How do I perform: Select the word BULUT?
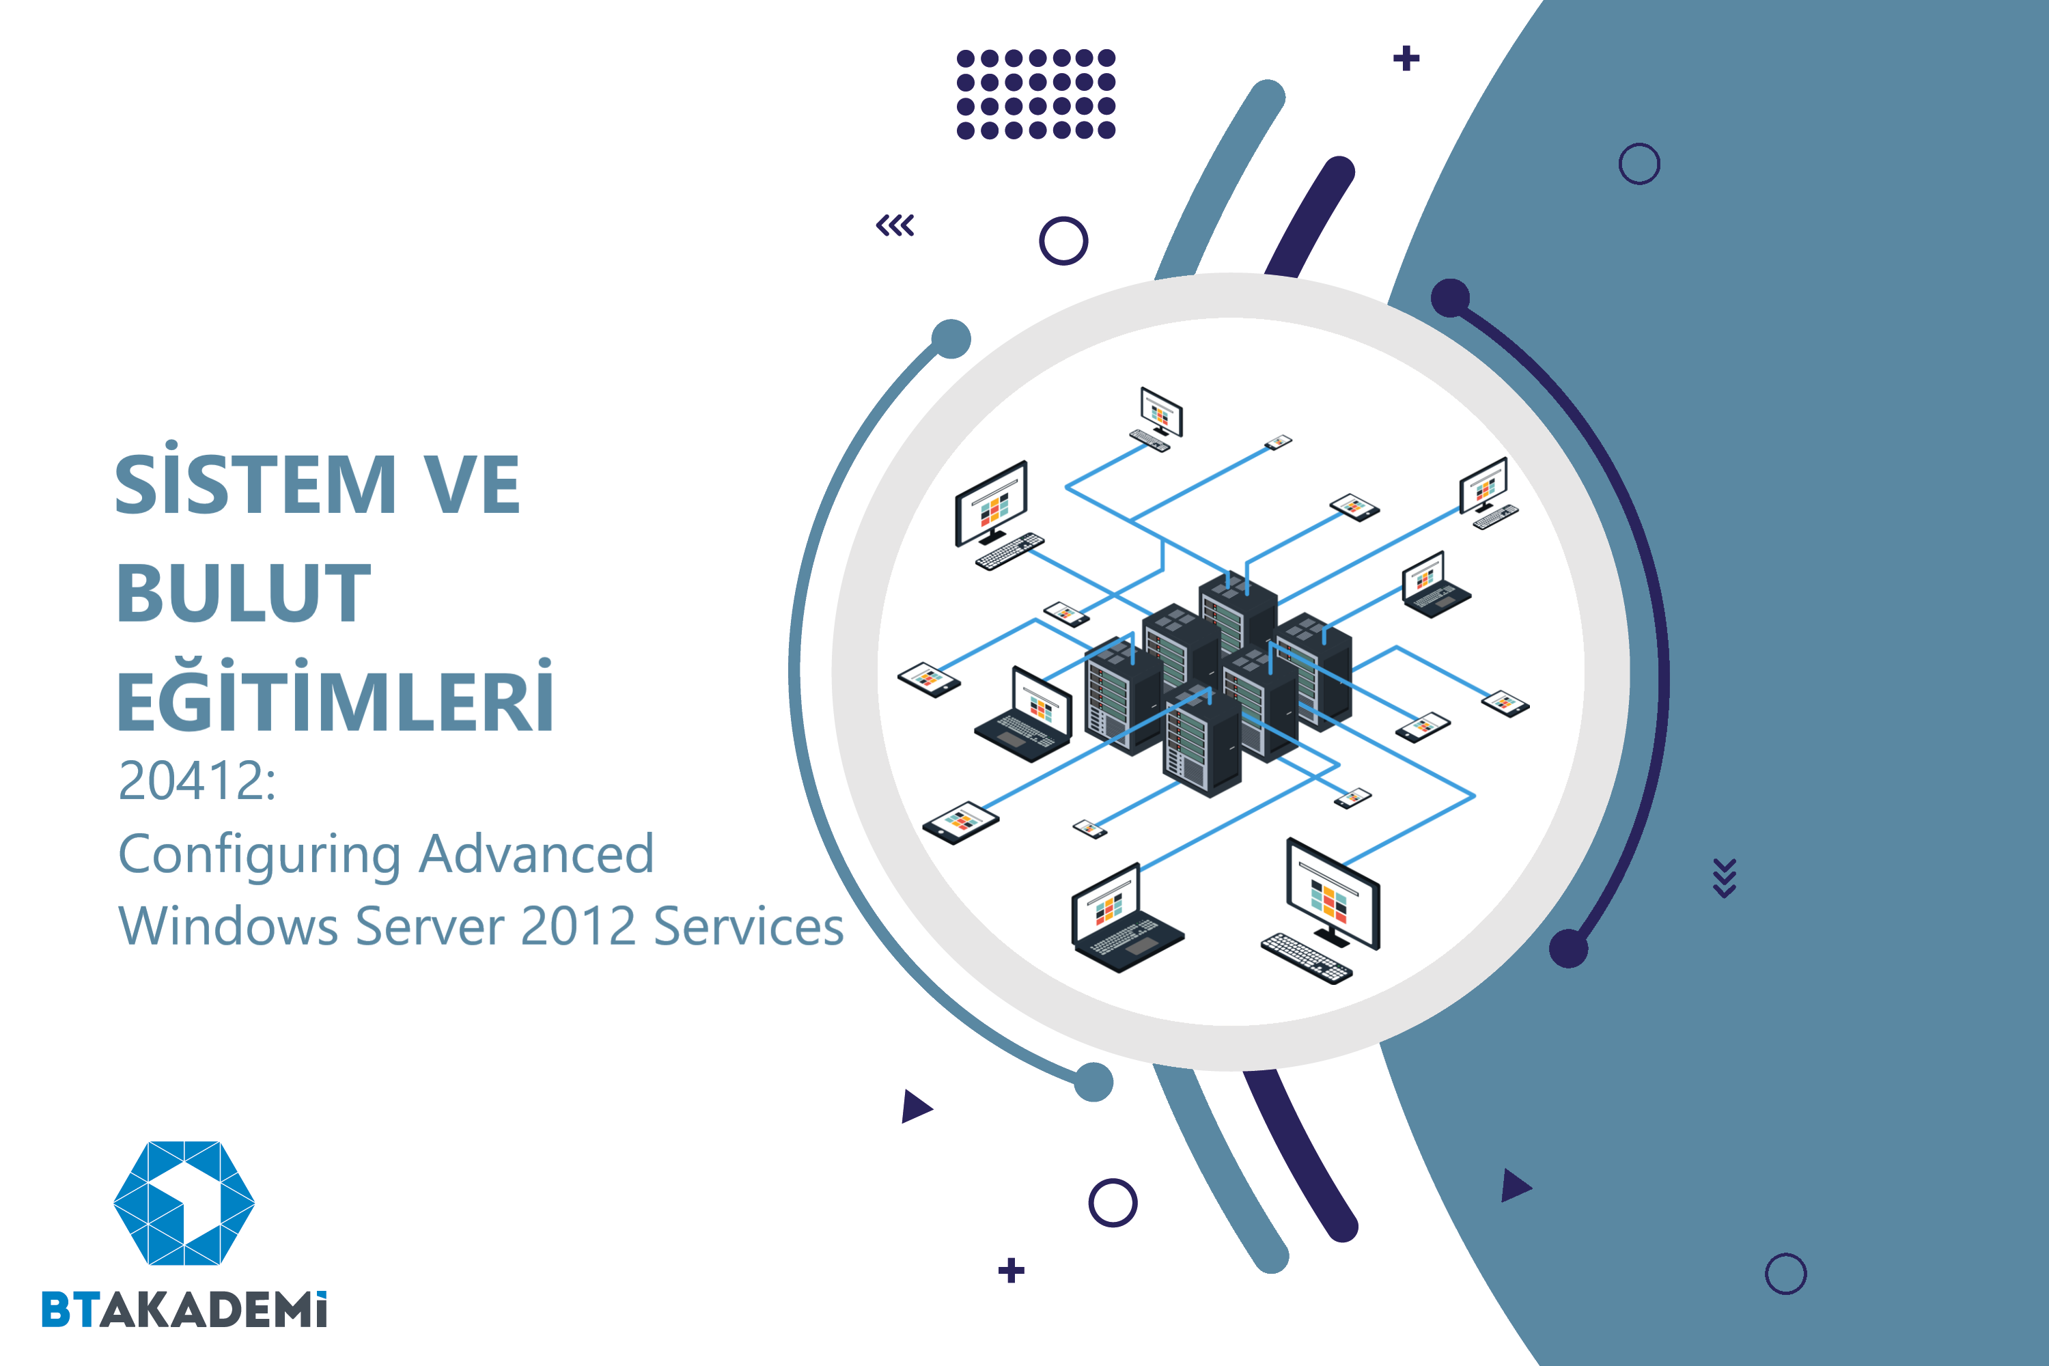point(244,592)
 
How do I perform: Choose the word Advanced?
point(535,853)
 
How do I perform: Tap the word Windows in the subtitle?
point(227,925)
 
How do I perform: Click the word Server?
point(430,926)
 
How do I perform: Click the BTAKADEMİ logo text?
point(184,1309)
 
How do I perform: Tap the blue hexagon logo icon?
point(184,1202)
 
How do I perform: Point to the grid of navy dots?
point(1036,94)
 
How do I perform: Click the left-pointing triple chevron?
point(895,225)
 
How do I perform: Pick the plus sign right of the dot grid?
point(1406,58)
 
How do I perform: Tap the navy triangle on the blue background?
point(1516,1186)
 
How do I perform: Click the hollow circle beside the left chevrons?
point(1063,240)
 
